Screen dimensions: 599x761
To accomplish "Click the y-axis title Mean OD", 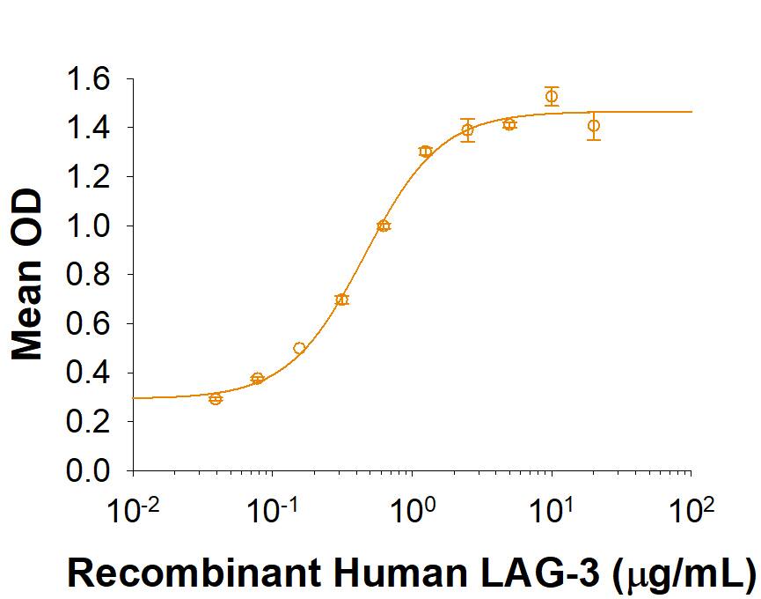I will tap(28, 277).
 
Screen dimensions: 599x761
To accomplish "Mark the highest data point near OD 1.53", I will tap(552, 96).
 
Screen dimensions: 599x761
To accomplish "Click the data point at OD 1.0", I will tap(384, 226).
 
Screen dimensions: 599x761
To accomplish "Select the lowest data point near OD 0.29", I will tap(216, 399).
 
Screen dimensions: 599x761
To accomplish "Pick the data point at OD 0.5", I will tap(299, 348).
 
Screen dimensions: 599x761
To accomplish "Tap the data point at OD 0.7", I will tap(341, 299).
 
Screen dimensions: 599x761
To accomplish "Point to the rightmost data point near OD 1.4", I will tap(594, 126).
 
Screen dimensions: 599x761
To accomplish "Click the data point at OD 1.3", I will tap(426, 152).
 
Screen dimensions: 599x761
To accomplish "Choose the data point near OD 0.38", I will tap(257, 379).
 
